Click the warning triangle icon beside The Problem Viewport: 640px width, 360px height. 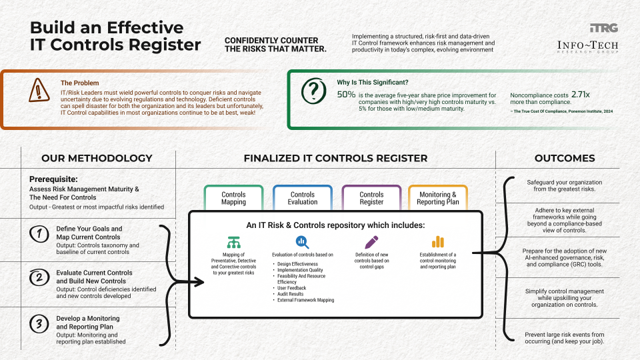(39, 90)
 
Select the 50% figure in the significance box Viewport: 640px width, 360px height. (346, 95)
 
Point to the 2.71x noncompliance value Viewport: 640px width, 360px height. (581, 95)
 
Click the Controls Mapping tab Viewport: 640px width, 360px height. (233, 198)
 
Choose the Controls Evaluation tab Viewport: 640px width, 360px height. (303, 198)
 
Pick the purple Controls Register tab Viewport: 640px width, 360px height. (371, 198)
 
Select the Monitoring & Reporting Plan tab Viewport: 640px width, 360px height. (438, 198)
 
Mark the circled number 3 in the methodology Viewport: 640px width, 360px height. (39, 324)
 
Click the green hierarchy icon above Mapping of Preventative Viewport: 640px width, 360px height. (233, 242)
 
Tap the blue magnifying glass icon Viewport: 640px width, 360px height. (303, 242)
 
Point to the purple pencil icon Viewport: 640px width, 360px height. (371, 242)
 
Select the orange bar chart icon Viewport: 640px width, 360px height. (438, 242)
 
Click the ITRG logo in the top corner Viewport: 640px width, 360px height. (603, 28)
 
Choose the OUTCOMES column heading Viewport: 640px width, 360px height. (565, 159)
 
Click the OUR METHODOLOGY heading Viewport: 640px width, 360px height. (97, 159)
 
